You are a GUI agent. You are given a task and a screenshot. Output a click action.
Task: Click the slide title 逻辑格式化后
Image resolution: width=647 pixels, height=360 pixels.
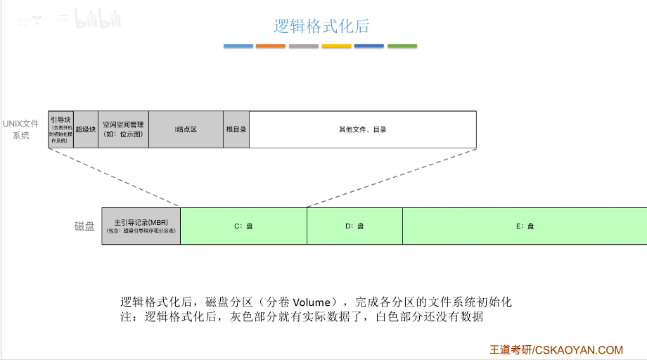coord(321,27)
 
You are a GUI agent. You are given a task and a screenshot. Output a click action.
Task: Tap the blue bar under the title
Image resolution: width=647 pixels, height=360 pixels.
coord(238,46)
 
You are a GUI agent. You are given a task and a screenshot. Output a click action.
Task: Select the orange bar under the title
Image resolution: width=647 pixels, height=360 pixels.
coord(271,46)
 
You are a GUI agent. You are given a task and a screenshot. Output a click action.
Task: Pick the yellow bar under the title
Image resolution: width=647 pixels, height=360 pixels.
coord(336,46)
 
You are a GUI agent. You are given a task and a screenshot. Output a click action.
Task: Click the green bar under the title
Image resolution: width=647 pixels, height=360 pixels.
coord(402,46)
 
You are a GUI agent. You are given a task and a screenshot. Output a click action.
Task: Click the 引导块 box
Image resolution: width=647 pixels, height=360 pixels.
coord(61,129)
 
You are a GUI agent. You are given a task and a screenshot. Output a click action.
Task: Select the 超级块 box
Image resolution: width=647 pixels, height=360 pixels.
coord(86,129)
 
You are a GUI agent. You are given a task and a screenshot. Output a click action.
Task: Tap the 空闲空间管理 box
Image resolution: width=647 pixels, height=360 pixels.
coord(123,129)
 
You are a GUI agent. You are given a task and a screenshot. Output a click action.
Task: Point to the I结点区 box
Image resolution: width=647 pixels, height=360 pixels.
coord(186,129)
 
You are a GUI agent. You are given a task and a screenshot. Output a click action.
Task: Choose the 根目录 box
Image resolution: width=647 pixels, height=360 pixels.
coord(236,129)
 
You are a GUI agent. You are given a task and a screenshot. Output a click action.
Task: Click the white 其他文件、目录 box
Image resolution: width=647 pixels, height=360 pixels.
coord(363,129)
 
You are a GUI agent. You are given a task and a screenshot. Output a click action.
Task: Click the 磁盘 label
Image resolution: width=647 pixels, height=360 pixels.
coord(84,226)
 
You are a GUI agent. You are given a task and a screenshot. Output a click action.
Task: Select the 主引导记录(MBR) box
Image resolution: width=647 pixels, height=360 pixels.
coord(141,226)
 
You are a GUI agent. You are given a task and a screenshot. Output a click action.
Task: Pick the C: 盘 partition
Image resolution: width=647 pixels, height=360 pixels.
coord(243,226)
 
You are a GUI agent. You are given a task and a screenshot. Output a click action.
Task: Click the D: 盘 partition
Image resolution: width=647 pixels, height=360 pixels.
coord(354,226)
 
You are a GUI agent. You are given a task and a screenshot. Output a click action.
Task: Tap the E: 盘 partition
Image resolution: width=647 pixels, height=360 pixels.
coord(525,226)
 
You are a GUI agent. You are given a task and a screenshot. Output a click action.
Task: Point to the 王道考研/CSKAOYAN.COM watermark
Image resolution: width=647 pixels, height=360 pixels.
coord(556,349)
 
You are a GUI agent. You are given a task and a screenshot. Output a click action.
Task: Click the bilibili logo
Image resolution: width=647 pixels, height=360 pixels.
coord(98,20)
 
